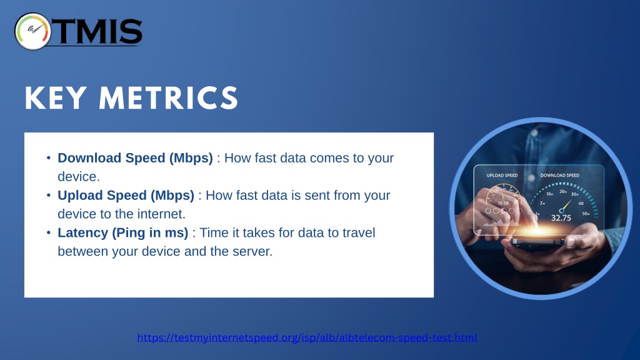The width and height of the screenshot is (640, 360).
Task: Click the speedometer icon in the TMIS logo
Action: pyautogui.click(x=32, y=31)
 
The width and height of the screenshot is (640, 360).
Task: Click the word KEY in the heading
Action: pyautogui.click(x=56, y=98)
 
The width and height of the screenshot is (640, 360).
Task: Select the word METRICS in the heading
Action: pyautogui.click(x=169, y=98)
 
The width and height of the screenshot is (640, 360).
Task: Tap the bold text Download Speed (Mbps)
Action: pyautogui.click(x=135, y=158)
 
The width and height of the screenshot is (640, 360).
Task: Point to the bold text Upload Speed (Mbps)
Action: pyautogui.click(x=126, y=195)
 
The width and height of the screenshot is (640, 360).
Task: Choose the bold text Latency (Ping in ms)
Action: pyautogui.click(x=123, y=232)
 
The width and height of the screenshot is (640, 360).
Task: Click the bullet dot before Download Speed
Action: pyautogui.click(x=49, y=157)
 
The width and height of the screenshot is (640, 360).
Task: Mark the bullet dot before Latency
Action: pyautogui.click(x=49, y=232)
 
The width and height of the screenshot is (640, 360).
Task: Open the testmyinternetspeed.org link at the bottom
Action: pyautogui.click(x=307, y=337)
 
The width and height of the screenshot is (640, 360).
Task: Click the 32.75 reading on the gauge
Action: pyautogui.click(x=561, y=218)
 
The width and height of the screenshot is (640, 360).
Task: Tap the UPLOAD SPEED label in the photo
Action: pyautogui.click(x=502, y=175)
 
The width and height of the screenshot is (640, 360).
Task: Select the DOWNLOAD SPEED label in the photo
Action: pyautogui.click(x=560, y=175)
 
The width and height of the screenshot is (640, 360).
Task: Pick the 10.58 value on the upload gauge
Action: pyautogui.click(x=503, y=203)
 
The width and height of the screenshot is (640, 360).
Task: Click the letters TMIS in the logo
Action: pyautogui.click(x=98, y=31)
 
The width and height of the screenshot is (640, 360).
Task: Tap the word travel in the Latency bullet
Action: pyautogui.click(x=358, y=232)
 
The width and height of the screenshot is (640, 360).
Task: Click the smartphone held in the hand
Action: pyautogui.click(x=538, y=242)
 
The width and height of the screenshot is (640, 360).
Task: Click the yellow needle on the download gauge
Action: pyautogui.click(x=566, y=205)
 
